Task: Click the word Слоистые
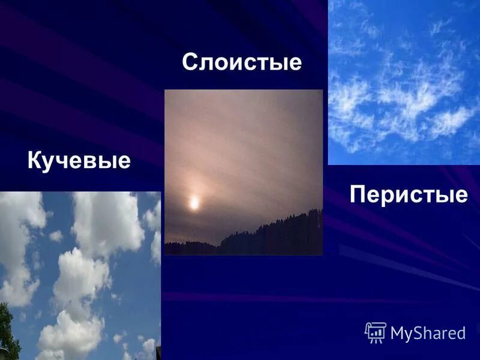point(242,62)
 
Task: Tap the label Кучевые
point(79,161)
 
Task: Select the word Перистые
point(408,194)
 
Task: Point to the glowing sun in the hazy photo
point(194,203)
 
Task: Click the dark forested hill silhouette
point(270,237)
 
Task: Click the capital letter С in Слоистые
point(190,62)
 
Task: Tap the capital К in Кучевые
point(35,161)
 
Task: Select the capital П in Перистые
point(358,194)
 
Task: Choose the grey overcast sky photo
point(243,150)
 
